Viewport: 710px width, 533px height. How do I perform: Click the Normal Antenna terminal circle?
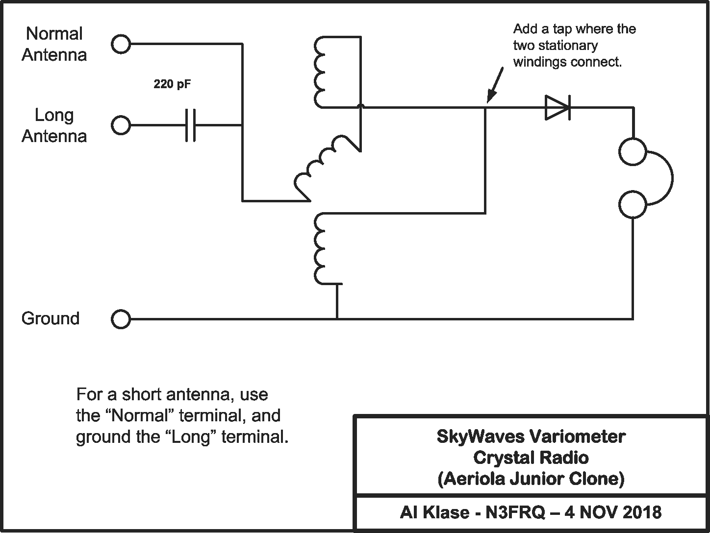(x=121, y=44)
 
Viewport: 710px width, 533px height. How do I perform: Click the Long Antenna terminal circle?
(x=121, y=125)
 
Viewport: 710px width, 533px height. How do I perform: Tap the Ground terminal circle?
(x=121, y=319)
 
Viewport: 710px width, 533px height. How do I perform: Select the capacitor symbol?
(x=191, y=125)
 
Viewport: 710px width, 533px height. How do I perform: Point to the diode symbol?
(x=558, y=107)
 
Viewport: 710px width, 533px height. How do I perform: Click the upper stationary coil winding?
(x=319, y=72)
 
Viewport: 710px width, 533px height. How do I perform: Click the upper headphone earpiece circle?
(x=633, y=151)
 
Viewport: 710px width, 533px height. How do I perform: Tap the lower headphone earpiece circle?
(x=633, y=204)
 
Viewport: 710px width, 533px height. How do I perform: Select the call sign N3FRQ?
(x=510, y=512)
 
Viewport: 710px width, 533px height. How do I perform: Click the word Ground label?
(x=51, y=318)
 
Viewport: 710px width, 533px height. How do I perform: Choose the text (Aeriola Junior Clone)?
(x=531, y=478)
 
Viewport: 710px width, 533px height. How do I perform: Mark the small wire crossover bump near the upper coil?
(x=360, y=106)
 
